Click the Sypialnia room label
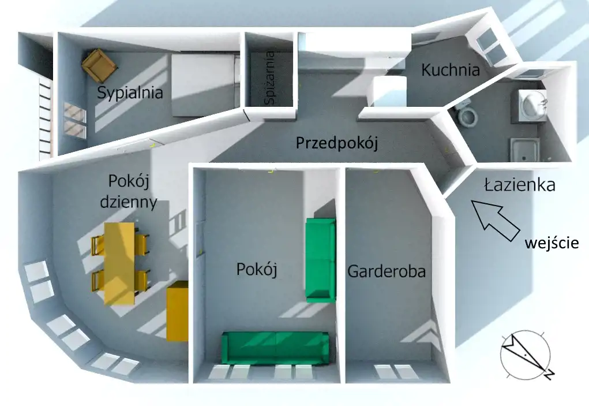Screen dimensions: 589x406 [130, 92]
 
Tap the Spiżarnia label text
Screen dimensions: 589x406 [270, 78]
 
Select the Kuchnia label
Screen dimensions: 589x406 [451, 70]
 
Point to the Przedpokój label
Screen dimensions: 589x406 [337, 143]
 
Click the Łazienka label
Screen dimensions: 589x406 [520, 185]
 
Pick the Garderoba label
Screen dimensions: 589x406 [387, 271]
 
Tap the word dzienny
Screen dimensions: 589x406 [129, 203]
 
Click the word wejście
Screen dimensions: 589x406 [552, 243]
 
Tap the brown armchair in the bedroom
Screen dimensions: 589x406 [99, 65]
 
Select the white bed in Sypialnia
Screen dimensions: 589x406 [204, 85]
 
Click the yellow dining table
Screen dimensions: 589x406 [119, 263]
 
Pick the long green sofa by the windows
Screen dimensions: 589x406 [275, 348]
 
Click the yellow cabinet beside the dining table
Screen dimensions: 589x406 [177, 311]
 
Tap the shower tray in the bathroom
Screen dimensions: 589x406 [524, 150]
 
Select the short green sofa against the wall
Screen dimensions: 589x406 [320, 260]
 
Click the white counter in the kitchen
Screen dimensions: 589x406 [387, 91]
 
